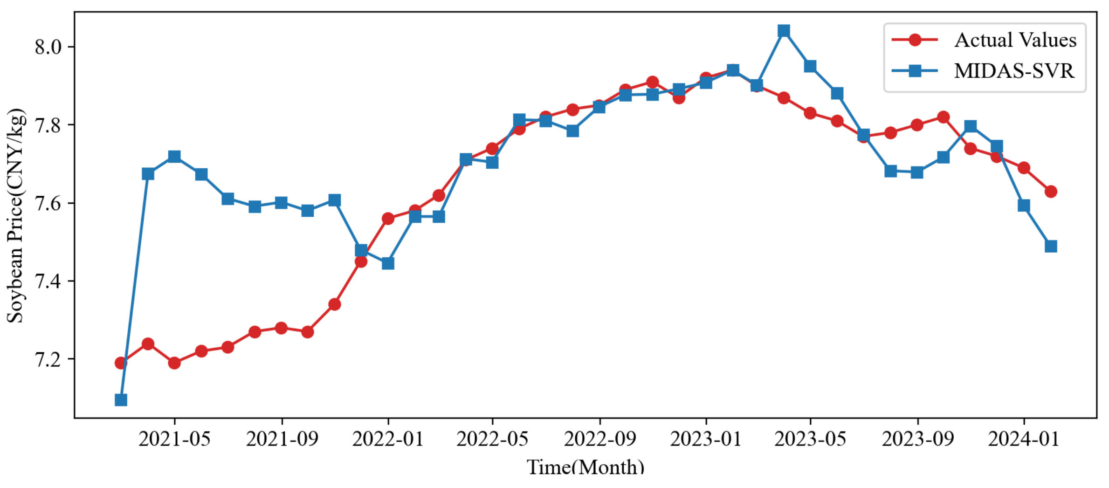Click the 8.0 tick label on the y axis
click(48, 47)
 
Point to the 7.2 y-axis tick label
click(48, 359)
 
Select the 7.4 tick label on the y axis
click(48, 282)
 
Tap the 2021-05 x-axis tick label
click(174, 439)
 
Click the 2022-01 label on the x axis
click(388, 439)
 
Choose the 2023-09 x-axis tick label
click(917, 439)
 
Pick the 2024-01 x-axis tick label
click(1024, 439)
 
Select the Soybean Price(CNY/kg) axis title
click(15, 215)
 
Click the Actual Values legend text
click(1015, 40)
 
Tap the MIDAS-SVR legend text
click(1014, 71)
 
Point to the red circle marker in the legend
click(915, 40)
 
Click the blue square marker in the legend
click(915, 71)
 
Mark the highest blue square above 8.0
click(784, 31)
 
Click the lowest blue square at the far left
click(121, 400)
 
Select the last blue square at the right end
click(1051, 246)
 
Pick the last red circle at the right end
click(1051, 192)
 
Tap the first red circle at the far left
click(121, 363)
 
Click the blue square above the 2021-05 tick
click(174, 156)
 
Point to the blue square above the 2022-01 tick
click(388, 264)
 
